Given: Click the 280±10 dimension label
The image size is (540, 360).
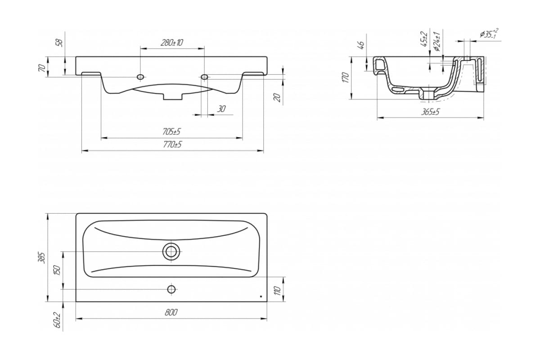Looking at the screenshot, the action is point(172,43).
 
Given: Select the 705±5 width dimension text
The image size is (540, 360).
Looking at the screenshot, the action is point(171,132).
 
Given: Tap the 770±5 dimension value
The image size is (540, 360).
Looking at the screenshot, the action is point(172,144).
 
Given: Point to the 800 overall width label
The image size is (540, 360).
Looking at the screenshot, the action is point(171,312).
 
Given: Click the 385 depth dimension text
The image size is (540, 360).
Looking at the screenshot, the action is point(43,258).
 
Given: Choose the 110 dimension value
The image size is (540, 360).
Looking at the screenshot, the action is point(278,291).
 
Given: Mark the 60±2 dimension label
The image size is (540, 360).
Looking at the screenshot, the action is point(58,320).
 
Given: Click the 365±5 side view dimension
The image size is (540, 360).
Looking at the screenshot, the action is point(431,112).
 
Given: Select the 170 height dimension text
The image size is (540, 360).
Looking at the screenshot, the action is point(346,77).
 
